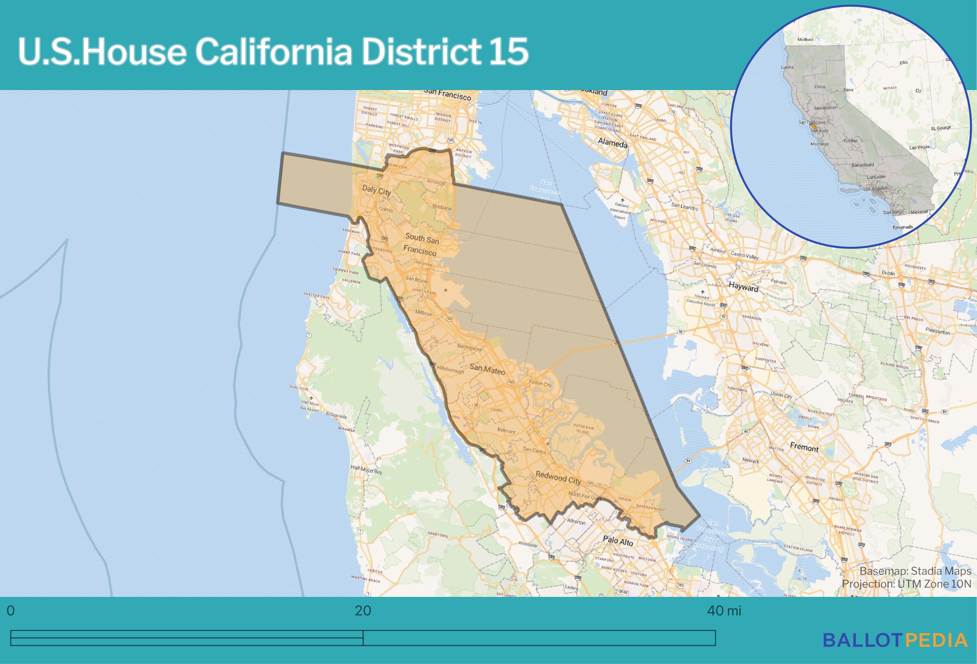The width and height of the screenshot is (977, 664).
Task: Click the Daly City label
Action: (x=376, y=190)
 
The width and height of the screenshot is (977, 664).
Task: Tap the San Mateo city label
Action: (x=487, y=369)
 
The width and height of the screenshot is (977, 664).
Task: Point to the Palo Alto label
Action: (x=618, y=541)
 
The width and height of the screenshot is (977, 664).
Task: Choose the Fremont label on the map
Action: (x=804, y=447)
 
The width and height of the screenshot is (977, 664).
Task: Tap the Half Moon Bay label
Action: (x=366, y=469)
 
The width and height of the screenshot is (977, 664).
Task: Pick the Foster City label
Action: (x=540, y=383)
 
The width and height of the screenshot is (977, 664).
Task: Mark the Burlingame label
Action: (x=469, y=348)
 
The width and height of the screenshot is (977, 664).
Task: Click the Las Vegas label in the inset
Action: (x=919, y=147)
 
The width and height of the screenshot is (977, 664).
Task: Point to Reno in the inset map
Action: (x=848, y=90)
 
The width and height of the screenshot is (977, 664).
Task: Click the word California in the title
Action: (x=273, y=51)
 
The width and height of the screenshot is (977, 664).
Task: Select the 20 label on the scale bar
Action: (x=363, y=611)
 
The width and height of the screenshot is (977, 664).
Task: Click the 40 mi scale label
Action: (x=724, y=611)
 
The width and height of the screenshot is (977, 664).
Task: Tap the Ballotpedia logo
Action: (x=895, y=641)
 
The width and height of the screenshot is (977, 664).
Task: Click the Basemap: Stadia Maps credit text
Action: (x=915, y=571)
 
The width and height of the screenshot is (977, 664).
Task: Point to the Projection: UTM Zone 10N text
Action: (x=906, y=584)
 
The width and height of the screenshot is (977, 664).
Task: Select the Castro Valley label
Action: (x=744, y=256)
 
